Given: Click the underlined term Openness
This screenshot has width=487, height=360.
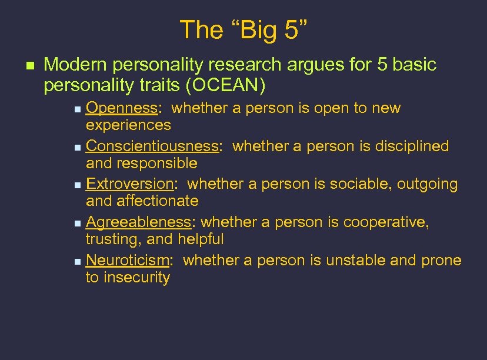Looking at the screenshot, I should click(121, 108).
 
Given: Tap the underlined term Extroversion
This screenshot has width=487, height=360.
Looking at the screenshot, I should click(129, 184).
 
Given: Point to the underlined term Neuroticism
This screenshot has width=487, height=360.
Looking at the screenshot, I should click(128, 261).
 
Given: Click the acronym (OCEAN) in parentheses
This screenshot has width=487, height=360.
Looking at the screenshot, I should click(226, 86).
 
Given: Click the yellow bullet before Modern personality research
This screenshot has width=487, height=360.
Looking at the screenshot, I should click(23, 65).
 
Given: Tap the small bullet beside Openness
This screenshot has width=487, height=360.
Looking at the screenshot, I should click(79, 109).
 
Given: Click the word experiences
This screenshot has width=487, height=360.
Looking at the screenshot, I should click(128, 125).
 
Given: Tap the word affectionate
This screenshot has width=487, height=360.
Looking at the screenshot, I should click(158, 201).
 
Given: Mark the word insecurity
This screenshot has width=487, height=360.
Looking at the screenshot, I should click(136, 278).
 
